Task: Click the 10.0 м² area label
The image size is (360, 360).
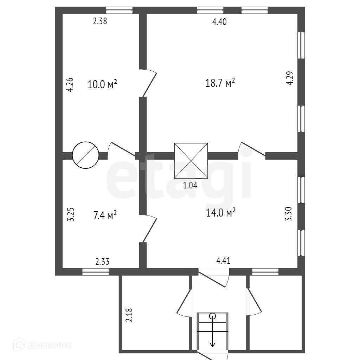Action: (103, 84)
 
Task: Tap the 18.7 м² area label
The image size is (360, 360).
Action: (220, 83)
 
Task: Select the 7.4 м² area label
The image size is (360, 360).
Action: (105, 215)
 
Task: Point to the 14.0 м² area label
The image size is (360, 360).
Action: (221, 213)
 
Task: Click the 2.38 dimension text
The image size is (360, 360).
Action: (100, 21)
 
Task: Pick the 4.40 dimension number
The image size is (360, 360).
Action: (219, 22)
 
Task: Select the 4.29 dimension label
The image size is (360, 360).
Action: (289, 78)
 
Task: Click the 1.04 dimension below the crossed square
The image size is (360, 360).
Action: (190, 186)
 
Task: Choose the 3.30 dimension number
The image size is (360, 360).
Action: (288, 214)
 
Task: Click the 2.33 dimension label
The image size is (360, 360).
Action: (102, 261)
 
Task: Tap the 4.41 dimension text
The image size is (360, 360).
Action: (223, 261)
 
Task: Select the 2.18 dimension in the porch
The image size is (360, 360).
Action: (129, 315)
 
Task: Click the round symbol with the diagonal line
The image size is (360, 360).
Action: (85, 155)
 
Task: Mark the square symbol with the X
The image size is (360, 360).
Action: (191, 161)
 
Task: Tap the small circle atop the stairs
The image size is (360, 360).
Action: (212, 316)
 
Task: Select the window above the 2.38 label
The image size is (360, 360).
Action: (120, 10)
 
